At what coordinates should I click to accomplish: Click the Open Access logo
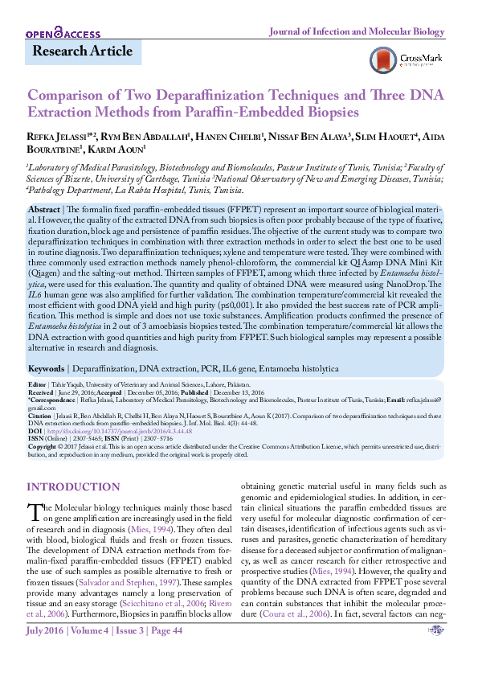coord(63,33)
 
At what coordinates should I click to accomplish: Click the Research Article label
coord(82,51)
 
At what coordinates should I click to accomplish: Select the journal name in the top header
coord(355,31)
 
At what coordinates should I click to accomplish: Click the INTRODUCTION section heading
coord(73,487)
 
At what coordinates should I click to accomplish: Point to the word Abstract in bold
coord(43,208)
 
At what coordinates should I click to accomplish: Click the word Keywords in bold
coord(47,368)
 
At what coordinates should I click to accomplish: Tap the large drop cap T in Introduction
coord(34,513)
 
